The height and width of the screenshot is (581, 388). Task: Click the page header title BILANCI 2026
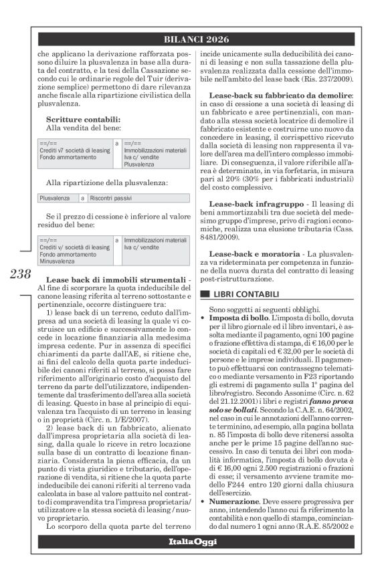[194, 38]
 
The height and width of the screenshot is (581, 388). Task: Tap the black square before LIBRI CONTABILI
[205, 294]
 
